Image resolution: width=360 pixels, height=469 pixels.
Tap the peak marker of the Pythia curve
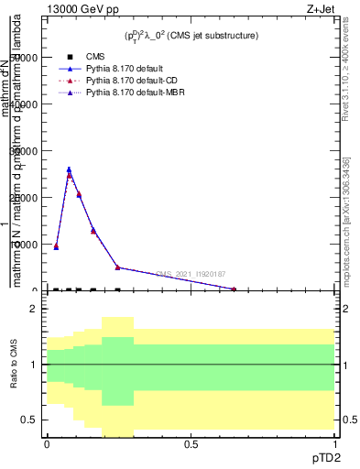pos(69,169)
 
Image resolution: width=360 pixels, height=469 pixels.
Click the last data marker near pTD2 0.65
pos(234,289)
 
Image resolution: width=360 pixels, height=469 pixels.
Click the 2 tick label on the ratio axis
pos(33,310)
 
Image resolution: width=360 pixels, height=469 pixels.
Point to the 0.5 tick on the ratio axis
pos(30,420)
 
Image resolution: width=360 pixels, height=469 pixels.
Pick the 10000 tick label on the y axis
pos(23,245)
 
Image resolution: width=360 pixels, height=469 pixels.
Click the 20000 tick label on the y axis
pos(23,198)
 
